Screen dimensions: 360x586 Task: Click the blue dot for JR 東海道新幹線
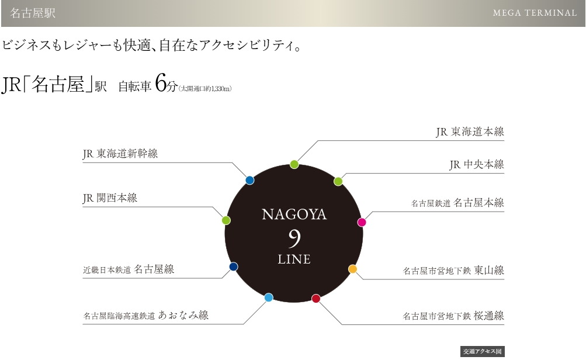(x=250, y=180)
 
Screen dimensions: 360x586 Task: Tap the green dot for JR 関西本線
(x=227, y=220)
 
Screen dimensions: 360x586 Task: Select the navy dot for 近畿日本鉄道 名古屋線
(x=234, y=266)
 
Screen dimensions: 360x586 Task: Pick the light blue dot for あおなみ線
(x=269, y=297)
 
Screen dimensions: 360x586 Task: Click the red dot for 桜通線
(x=316, y=299)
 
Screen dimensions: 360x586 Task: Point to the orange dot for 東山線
(x=352, y=269)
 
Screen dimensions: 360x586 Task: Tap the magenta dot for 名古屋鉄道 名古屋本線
(x=362, y=222)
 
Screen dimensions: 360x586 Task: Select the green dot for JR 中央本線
(x=338, y=181)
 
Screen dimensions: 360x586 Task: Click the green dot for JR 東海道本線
(x=294, y=164)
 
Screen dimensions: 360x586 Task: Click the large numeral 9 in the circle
(x=294, y=237)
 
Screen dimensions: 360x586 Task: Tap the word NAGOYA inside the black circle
(x=294, y=214)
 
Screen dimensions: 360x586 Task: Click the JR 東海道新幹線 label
(x=120, y=154)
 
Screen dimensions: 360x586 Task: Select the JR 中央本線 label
(x=476, y=165)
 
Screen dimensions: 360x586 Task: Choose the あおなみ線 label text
(x=183, y=316)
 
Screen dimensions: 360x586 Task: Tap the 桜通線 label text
(x=488, y=316)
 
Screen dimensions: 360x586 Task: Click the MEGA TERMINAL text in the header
(x=535, y=13)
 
